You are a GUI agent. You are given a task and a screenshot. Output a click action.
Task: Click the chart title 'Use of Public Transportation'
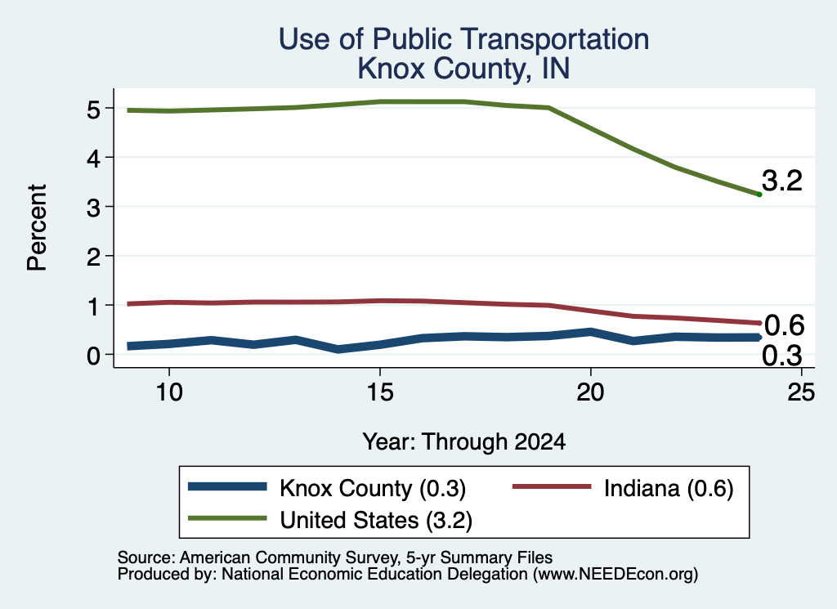[464, 39]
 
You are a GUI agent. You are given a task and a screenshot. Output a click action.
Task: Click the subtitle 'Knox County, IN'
[464, 69]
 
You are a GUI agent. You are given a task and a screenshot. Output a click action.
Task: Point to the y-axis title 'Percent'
[37, 228]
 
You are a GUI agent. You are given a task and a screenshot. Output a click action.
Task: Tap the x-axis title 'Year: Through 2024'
[464, 442]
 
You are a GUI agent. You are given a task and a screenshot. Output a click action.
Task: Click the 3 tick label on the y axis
[93, 207]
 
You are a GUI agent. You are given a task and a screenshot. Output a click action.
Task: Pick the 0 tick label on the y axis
[93, 355]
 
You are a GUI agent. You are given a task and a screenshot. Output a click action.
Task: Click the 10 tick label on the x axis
[169, 392]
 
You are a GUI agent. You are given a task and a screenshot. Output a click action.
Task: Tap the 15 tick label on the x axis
[380, 392]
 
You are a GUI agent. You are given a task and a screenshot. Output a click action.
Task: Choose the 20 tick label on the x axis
[590, 392]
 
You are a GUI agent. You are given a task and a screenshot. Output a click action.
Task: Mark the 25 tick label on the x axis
[801, 392]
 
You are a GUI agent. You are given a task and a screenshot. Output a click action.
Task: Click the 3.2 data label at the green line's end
[782, 181]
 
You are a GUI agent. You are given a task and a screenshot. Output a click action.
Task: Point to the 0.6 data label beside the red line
[784, 325]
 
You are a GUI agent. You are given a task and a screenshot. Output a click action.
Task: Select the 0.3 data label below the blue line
[782, 356]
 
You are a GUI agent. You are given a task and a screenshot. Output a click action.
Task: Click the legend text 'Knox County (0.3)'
[373, 488]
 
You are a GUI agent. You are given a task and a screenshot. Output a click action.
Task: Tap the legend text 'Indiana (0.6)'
[669, 488]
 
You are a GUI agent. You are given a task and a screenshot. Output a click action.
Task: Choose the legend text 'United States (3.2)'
[376, 520]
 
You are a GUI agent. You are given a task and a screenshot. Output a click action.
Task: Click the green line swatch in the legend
[227, 518]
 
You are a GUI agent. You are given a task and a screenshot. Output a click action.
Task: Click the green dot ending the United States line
[759, 195]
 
